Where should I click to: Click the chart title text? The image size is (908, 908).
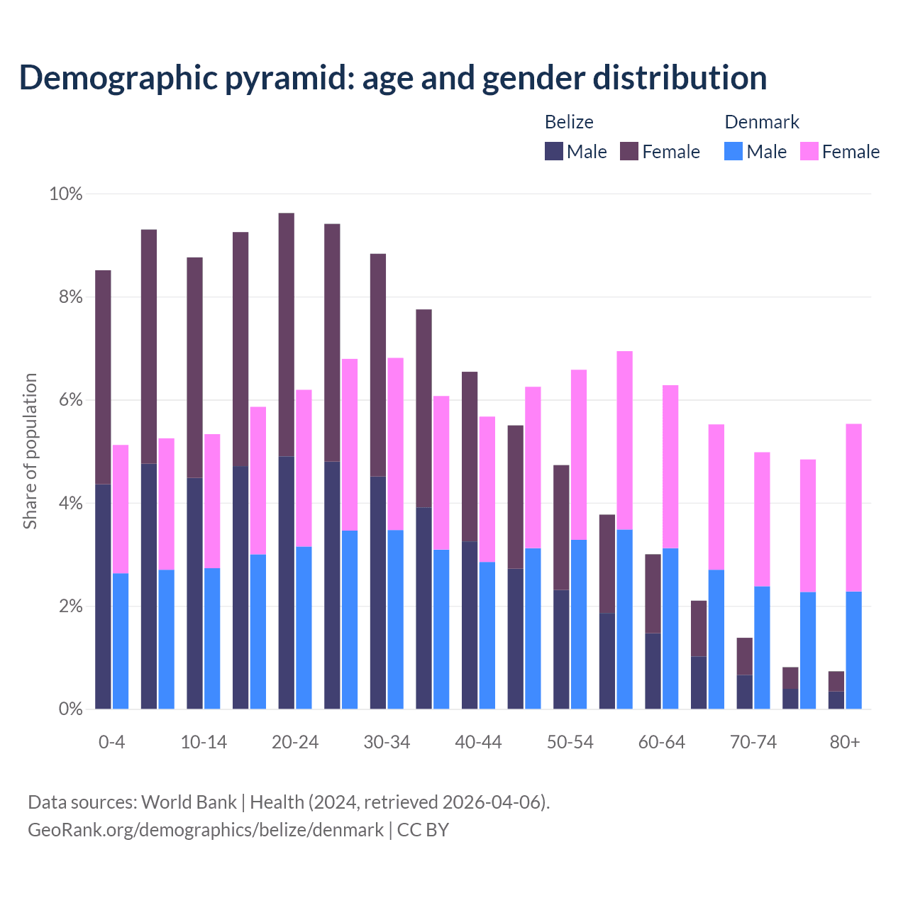[x=393, y=77]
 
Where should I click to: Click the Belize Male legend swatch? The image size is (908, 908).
[x=554, y=151]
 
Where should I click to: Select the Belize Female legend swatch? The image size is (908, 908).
[x=629, y=151]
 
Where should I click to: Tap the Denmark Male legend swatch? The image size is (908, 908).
[x=733, y=151]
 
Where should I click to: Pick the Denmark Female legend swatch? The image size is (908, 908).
[x=809, y=151]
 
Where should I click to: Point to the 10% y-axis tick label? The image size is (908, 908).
[x=65, y=194]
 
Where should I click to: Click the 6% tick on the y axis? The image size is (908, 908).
[x=70, y=400]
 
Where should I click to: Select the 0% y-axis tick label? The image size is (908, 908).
[x=70, y=709]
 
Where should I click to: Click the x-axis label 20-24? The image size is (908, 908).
[x=295, y=742]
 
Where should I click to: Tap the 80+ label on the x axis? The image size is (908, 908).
[x=845, y=742]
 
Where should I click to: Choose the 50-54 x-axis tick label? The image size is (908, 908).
[x=570, y=742]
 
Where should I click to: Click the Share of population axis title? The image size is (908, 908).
[x=30, y=451]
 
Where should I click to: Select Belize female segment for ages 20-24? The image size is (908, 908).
[x=287, y=334]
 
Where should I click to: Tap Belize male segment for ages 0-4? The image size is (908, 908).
[x=103, y=596]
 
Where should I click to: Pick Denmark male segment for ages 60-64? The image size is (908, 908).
[x=670, y=628]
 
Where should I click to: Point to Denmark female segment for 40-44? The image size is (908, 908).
[x=487, y=489]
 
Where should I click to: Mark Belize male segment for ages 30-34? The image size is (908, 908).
[x=378, y=592]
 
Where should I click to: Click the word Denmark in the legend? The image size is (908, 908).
[x=762, y=122]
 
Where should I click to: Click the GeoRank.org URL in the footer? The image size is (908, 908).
[x=206, y=829]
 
